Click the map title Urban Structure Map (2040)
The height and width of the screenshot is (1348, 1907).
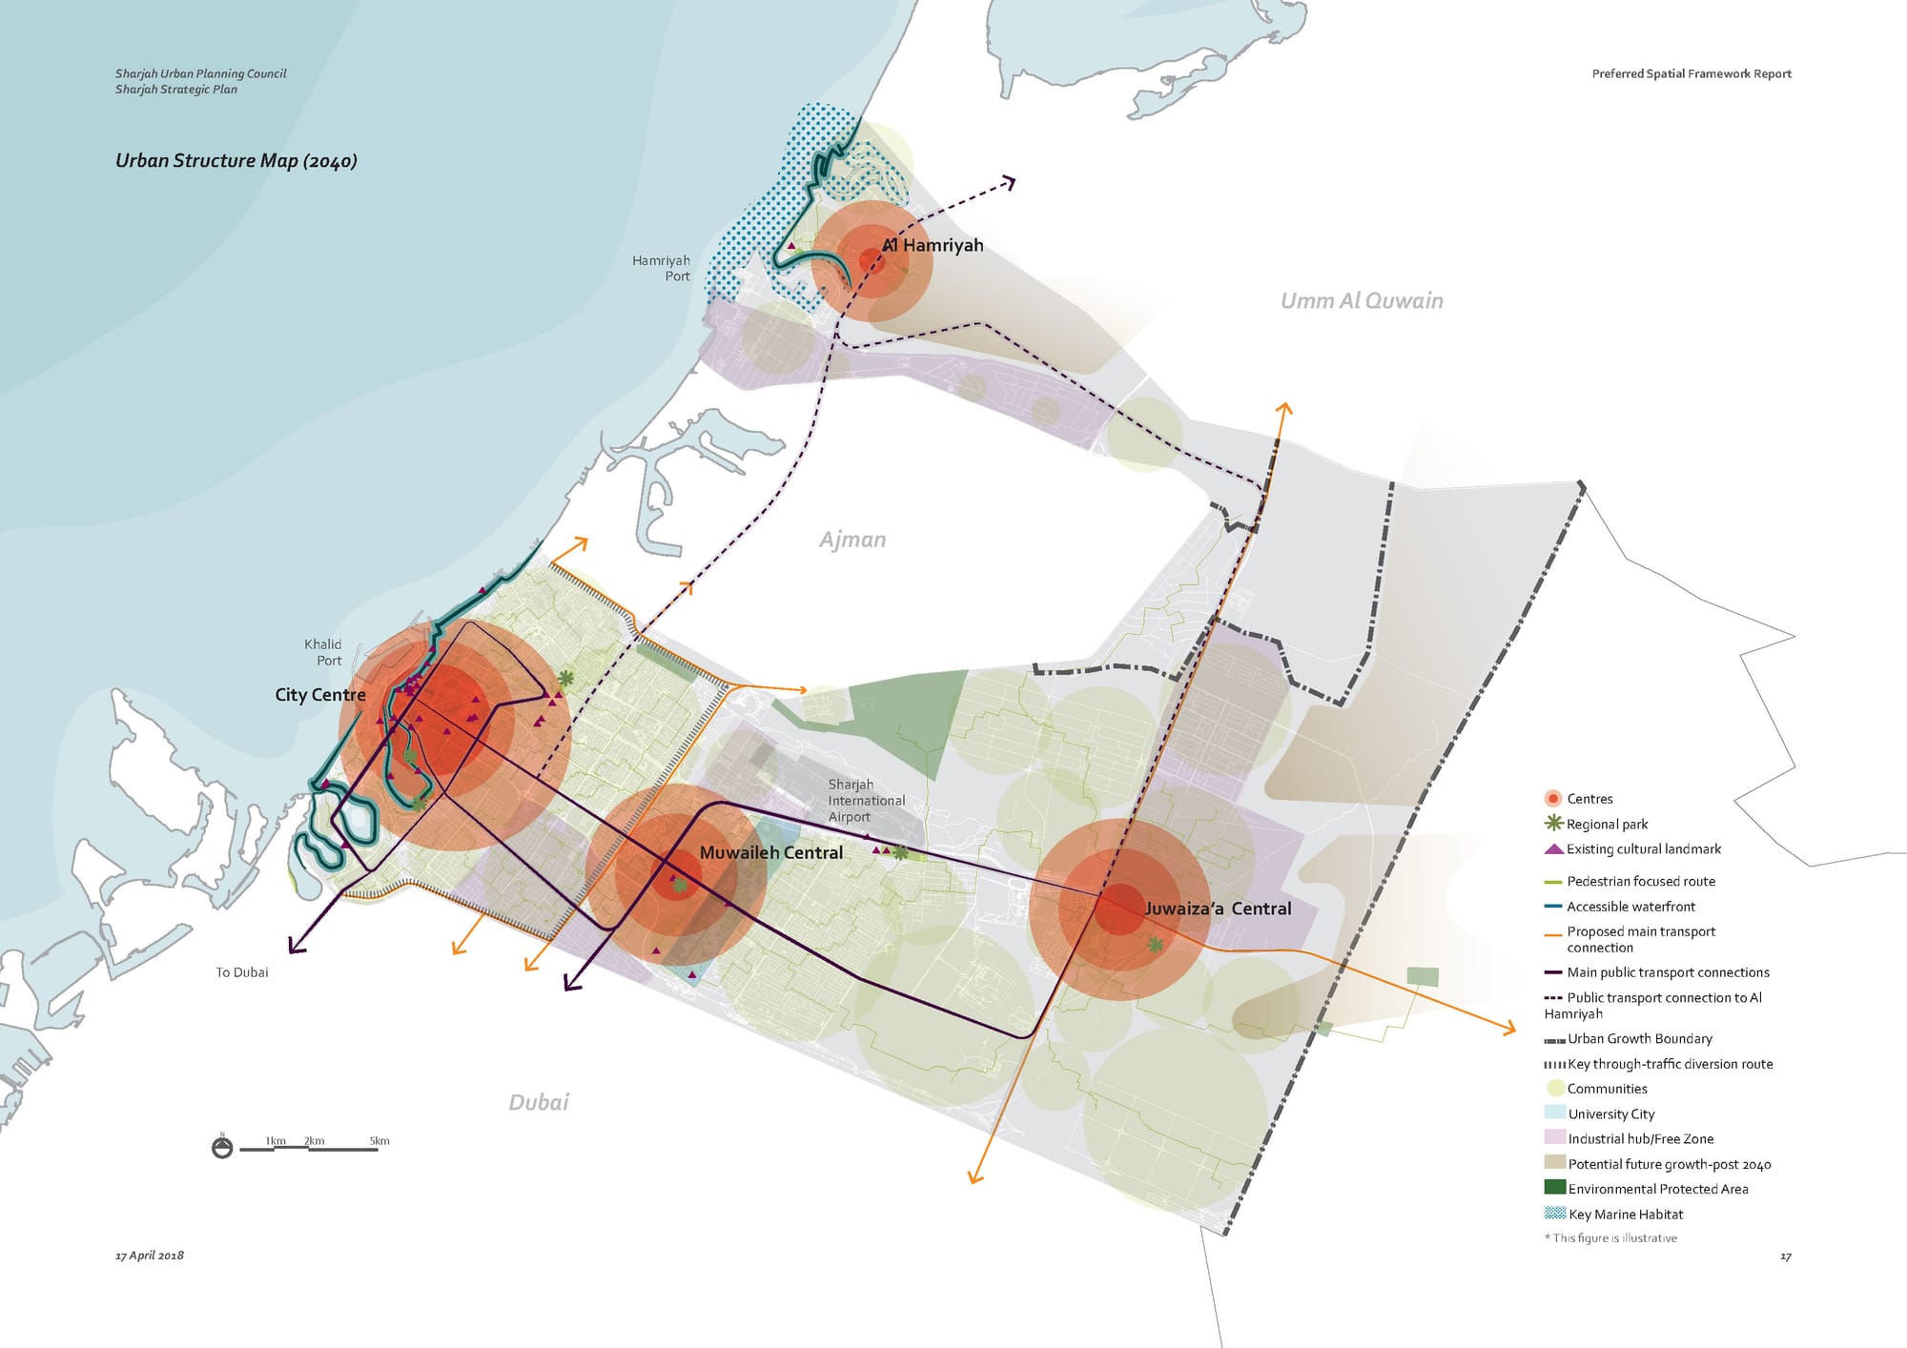(236, 160)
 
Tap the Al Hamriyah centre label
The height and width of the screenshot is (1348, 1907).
(933, 245)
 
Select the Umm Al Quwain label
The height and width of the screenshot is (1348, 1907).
(1361, 301)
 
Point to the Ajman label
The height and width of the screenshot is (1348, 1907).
(851, 540)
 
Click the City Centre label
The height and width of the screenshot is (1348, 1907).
(319, 695)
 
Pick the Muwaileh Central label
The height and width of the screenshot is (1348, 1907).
(770, 852)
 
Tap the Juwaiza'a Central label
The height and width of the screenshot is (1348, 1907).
(1217, 909)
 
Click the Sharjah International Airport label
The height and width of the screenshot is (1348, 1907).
(866, 801)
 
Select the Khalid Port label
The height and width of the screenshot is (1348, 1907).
(323, 652)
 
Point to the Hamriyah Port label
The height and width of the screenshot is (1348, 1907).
(661, 268)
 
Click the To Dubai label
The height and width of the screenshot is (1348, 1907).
(241, 972)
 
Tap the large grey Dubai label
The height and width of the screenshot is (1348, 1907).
(538, 1102)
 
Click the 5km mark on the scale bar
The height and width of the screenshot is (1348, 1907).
(379, 1141)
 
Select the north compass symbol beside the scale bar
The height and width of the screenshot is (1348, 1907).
(222, 1148)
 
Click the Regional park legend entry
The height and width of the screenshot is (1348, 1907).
(1607, 825)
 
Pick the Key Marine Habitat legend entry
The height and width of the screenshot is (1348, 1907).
(1625, 1215)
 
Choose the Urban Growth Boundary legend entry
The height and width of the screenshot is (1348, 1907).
(1639, 1039)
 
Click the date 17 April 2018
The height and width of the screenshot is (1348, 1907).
(149, 1256)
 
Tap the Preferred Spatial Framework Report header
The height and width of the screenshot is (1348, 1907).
(1691, 73)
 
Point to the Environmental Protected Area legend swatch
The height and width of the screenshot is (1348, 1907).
(1554, 1188)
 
